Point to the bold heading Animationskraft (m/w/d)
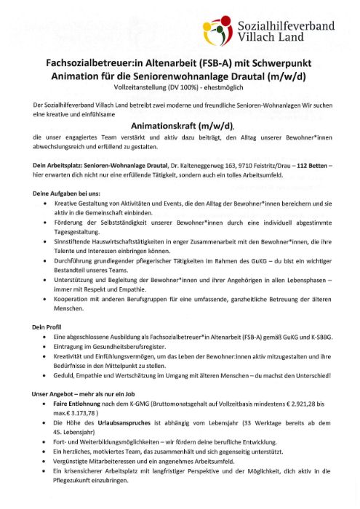tap(181, 124)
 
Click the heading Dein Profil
tap(47, 328)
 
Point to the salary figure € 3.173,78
tap(84, 412)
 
